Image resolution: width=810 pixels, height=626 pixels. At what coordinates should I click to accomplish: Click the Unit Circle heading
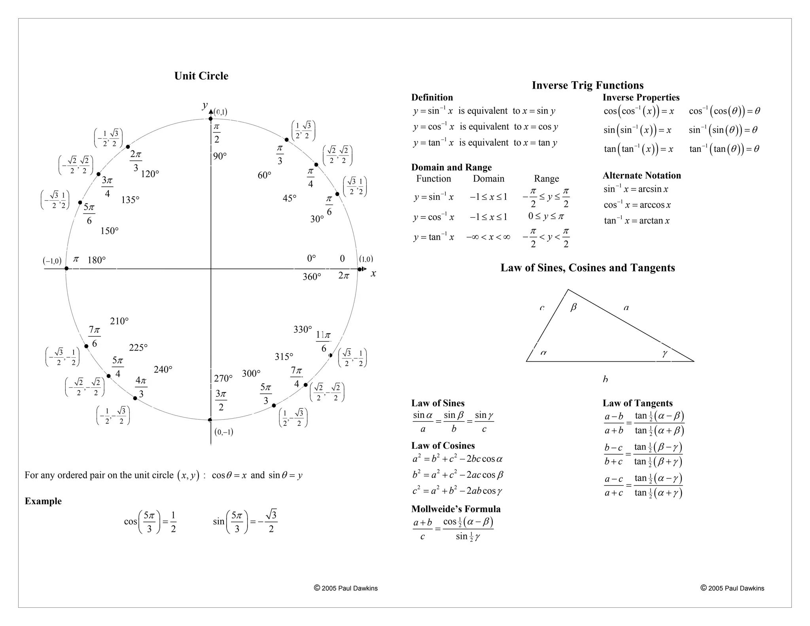(x=201, y=76)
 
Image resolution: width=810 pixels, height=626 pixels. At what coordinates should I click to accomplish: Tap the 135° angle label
(x=130, y=200)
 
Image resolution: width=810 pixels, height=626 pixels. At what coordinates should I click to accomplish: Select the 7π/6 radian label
(x=94, y=336)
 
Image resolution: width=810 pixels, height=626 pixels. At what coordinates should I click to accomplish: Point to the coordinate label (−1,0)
(x=52, y=261)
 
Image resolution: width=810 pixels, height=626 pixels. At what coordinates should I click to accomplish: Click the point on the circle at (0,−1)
(x=210, y=420)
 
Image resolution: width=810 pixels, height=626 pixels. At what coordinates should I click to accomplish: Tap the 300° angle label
(x=251, y=374)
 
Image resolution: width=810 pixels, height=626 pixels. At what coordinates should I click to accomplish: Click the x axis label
(x=373, y=273)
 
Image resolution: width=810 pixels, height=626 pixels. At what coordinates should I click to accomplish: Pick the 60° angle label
(x=264, y=175)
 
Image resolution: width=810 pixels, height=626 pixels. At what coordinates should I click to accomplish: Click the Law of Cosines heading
(x=443, y=446)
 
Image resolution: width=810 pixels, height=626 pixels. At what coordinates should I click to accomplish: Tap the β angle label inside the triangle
(x=573, y=307)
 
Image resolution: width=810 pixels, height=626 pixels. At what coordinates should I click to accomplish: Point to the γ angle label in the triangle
(x=664, y=353)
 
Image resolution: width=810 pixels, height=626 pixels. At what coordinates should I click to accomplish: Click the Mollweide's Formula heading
(x=456, y=509)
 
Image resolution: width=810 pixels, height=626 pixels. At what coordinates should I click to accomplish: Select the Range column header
(x=546, y=179)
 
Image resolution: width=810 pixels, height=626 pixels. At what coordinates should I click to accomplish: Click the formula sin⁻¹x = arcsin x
(x=636, y=189)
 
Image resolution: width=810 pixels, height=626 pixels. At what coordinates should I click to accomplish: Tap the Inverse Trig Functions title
(x=587, y=85)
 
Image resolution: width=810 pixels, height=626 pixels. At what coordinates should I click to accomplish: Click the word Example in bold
(x=43, y=501)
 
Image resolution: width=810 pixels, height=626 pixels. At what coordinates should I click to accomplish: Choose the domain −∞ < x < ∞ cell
(x=488, y=237)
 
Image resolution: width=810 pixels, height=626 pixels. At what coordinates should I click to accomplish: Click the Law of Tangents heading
(x=637, y=403)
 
